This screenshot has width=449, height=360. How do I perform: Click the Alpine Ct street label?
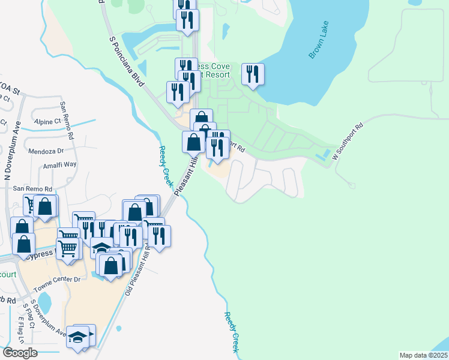pyautogui.click(x=47, y=121)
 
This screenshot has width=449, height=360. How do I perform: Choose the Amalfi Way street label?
pyautogui.click(x=59, y=164)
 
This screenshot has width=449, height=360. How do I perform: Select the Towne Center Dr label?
pyautogui.click(x=59, y=280)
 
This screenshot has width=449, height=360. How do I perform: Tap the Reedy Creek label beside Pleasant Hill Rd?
pyautogui.click(x=166, y=164)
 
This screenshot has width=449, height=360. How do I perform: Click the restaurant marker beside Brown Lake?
pyautogui.click(x=253, y=74)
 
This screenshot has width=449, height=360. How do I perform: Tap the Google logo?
pyautogui.click(x=20, y=352)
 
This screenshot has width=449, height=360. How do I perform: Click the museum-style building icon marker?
pyautogui.click(x=102, y=248)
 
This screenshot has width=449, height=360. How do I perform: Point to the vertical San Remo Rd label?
pyautogui.click(x=67, y=120)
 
